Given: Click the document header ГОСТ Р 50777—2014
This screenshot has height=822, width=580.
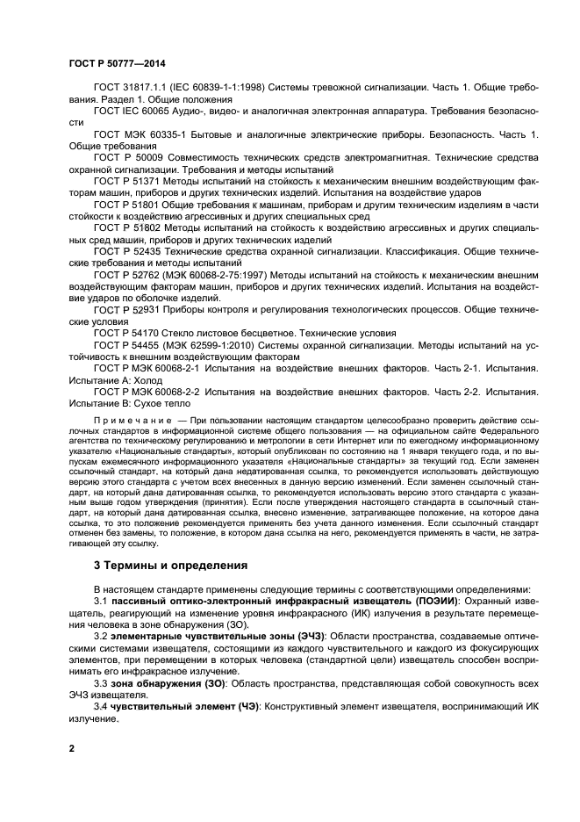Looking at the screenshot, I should click(x=117, y=64).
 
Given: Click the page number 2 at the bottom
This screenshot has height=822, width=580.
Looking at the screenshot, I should click(x=71, y=747).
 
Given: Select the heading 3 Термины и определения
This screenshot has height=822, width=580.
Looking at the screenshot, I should click(x=170, y=565).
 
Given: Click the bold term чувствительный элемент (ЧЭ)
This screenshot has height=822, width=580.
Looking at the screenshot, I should click(x=181, y=706).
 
